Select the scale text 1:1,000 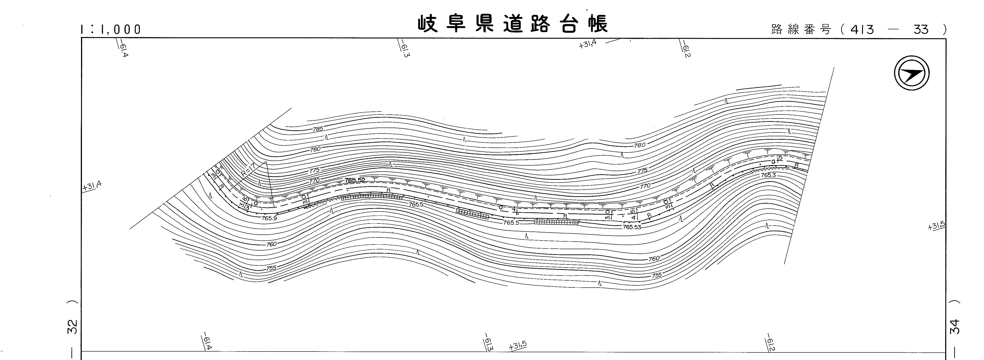(111, 29)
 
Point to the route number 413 (862, 29)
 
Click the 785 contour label (318, 129)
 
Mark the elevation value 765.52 (355, 180)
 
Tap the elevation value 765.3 (768, 175)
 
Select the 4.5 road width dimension (633, 214)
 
